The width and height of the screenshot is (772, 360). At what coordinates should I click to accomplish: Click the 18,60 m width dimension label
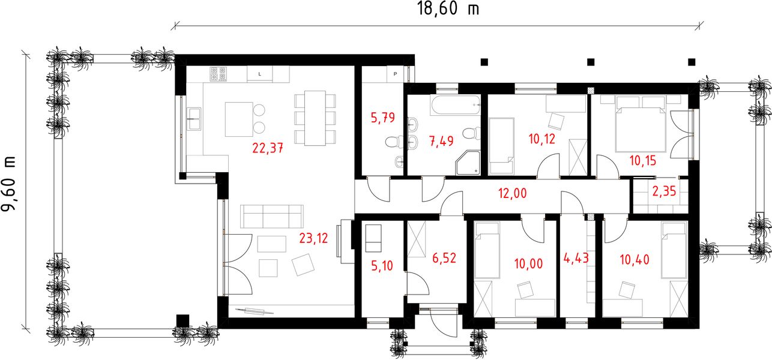coord(448,9)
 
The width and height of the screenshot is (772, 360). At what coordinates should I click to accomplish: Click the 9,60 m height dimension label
coord(10,183)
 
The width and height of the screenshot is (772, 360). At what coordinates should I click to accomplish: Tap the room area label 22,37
coord(268,148)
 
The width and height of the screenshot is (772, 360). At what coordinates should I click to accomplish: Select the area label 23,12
coord(313,238)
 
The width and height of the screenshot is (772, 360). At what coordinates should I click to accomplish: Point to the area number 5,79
coord(382,118)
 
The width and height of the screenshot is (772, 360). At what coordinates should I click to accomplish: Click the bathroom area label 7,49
coord(441,141)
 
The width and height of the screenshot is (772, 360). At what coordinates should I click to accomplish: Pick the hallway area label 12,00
coord(513,193)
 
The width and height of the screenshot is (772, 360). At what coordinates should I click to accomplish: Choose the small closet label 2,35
coord(664,191)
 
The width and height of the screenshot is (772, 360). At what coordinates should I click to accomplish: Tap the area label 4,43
coord(576,258)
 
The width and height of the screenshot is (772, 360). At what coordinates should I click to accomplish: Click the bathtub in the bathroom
coord(455,105)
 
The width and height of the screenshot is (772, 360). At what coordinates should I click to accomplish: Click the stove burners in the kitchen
coord(218,74)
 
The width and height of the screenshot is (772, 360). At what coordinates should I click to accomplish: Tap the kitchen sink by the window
coord(194,119)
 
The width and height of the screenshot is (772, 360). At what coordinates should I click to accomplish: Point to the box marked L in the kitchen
coord(260,74)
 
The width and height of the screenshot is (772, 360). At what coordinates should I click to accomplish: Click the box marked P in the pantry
coord(396,74)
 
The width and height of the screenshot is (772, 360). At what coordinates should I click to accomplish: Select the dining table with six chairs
coord(315,118)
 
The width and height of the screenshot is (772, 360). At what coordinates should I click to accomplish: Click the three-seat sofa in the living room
coord(272,217)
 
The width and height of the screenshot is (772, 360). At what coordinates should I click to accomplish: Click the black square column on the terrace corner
coord(182,321)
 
